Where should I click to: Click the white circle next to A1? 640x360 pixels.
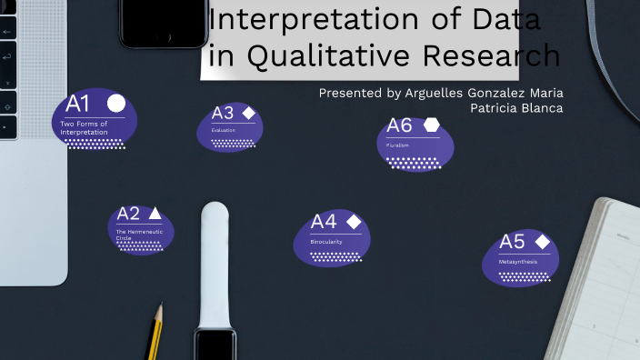(x=116, y=103)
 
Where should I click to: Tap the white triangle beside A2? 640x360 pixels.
(x=155, y=214)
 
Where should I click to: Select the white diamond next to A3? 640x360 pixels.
(x=248, y=113)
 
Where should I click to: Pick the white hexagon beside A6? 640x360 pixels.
(x=431, y=125)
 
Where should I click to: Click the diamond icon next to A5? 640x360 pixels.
(x=542, y=242)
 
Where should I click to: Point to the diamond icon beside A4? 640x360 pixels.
(x=354, y=222)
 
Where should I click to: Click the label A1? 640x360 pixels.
(x=78, y=103)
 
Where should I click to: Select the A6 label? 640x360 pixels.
(x=399, y=125)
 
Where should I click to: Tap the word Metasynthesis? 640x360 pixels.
(x=517, y=262)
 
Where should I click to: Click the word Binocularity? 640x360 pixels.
(x=326, y=242)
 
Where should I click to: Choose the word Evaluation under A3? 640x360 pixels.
(x=223, y=131)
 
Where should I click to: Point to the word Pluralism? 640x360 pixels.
(x=398, y=145)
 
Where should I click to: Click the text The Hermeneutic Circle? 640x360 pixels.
(x=133, y=235)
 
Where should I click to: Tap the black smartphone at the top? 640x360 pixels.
(x=164, y=22)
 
